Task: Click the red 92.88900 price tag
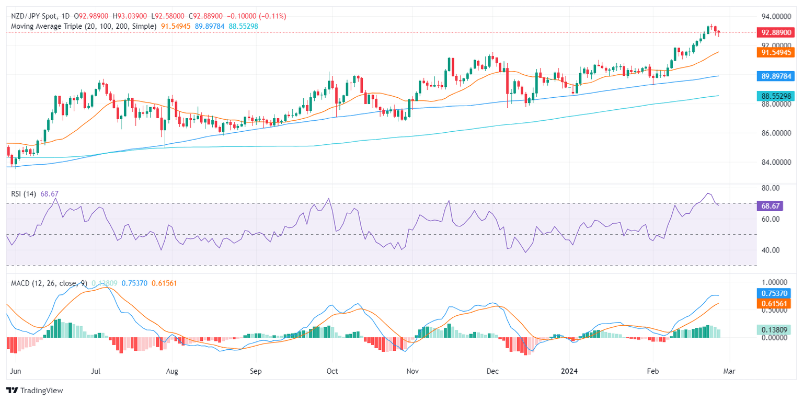(x=775, y=32)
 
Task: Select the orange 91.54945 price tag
(x=775, y=52)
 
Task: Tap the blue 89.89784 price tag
(x=775, y=76)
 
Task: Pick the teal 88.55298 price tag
(x=775, y=96)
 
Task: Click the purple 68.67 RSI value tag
(x=770, y=206)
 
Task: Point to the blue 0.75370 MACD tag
(x=775, y=293)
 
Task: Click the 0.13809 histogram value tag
(x=775, y=329)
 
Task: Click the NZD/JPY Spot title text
(x=34, y=16)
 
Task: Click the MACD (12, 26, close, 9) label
(x=50, y=283)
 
